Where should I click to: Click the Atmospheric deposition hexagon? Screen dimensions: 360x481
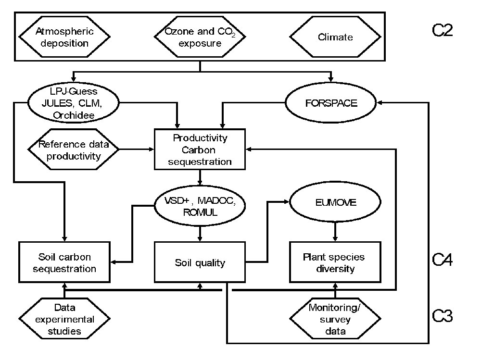(65, 37)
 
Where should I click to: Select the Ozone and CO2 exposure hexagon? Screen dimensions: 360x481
(200, 37)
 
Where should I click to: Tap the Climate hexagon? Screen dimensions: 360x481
(335, 37)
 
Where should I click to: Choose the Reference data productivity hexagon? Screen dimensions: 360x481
(73, 150)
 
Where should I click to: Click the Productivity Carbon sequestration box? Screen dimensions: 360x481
(200, 149)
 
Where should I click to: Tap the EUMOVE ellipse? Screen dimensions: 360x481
(335, 203)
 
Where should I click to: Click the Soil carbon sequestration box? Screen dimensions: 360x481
(64, 262)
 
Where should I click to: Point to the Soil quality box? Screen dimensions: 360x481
(200, 262)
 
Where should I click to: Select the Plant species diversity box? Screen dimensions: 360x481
(335, 262)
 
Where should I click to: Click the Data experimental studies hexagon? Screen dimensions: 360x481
(64, 318)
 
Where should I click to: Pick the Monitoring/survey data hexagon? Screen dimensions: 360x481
(335, 319)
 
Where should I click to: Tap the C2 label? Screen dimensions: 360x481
(442, 30)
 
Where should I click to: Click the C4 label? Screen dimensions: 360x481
(442, 260)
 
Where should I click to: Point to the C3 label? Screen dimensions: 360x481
(442, 316)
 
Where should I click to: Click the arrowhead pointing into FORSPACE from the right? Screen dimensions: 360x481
(381, 102)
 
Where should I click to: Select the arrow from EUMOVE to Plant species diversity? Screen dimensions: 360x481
(335, 231)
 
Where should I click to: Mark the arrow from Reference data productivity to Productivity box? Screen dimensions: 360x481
(136, 150)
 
